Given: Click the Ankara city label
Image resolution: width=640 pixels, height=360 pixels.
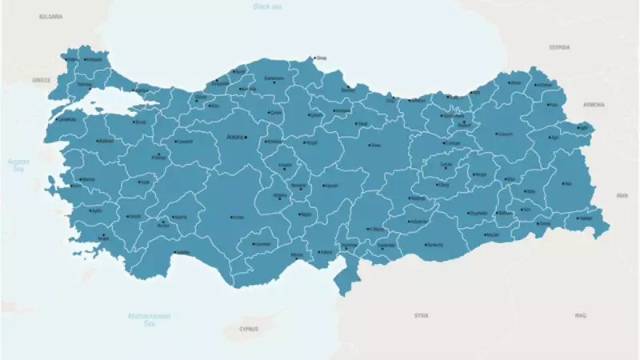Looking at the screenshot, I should [234, 137].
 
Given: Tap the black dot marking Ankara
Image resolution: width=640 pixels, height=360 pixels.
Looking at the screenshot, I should [246, 138].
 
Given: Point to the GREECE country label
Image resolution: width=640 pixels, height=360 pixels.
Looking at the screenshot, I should [42, 80].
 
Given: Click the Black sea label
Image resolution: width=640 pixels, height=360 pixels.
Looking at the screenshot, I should [267, 6].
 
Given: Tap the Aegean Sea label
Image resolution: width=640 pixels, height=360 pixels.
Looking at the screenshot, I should [18, 166].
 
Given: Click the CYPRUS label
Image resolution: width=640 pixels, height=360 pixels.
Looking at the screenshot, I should [249, 329].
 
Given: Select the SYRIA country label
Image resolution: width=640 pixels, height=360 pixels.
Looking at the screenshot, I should [422, 315].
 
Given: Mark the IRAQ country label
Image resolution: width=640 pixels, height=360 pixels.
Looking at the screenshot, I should [580, 315].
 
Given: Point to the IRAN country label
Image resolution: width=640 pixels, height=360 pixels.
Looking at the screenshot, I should [622, 194].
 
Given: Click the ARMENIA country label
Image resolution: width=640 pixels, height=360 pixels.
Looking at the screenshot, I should [594, 105].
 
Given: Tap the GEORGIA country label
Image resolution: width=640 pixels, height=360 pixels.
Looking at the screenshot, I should [559, 47].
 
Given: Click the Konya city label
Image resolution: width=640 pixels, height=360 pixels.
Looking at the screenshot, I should [238, 217].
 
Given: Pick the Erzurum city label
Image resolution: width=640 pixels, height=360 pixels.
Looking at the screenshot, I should [505, 134].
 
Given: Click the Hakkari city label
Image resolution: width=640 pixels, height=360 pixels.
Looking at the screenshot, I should [586, 218].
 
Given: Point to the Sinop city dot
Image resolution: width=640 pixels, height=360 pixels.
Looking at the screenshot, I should [314, 58].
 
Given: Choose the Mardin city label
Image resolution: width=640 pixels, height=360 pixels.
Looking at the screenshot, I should [493, 235].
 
